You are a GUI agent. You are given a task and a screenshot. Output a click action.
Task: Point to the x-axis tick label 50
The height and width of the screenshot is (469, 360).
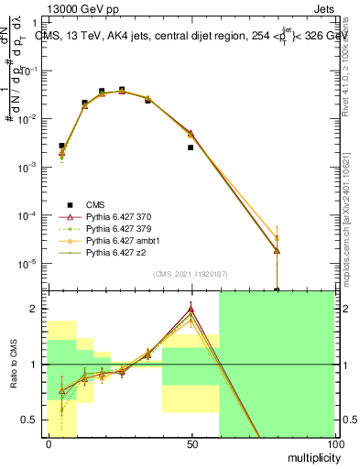point(191,443)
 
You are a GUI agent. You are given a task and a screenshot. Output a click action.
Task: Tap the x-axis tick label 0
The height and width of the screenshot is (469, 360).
point(48,443)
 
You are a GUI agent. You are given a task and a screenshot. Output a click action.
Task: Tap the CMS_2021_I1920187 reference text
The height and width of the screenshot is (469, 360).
point(190,274)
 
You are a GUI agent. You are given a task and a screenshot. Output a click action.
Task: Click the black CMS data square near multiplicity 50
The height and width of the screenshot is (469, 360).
point(191,147)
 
